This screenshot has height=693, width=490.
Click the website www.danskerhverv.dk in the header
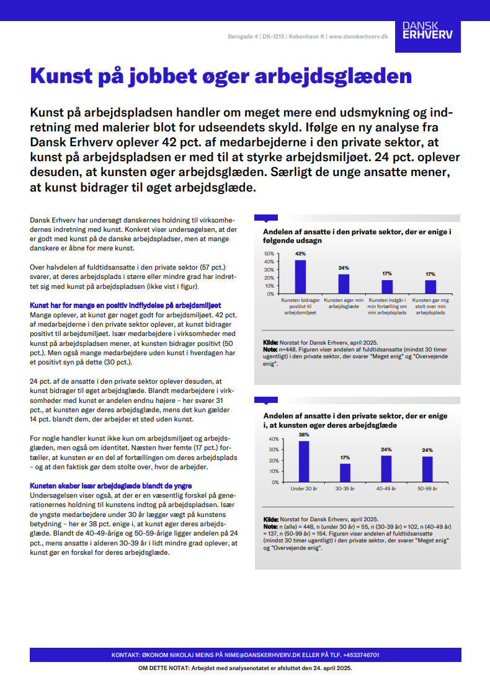359,37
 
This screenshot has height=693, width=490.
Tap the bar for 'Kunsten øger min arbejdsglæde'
344,283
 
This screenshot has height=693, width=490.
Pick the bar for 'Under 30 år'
304,461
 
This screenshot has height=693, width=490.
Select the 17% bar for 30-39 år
345,472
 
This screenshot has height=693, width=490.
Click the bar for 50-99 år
427,469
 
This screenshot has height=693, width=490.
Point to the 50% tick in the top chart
269,254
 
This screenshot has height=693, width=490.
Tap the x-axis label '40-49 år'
386,488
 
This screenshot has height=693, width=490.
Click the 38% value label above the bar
304,435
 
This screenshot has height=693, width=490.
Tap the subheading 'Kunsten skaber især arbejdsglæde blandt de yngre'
110,486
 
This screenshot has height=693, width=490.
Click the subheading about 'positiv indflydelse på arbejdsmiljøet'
125,306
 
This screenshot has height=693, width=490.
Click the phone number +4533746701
357,655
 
